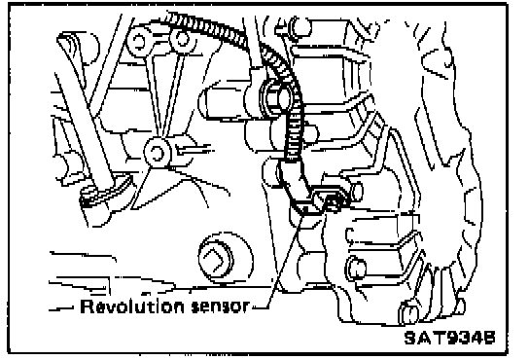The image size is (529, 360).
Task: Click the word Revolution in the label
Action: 132,306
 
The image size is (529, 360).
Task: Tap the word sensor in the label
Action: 220,306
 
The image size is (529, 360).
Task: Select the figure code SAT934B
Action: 450,338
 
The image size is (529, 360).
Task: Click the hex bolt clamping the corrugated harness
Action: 274,98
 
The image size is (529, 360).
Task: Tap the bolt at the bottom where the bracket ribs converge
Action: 158,153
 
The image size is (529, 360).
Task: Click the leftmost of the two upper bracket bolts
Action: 139,43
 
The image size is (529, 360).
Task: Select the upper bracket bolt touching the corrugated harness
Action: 182,40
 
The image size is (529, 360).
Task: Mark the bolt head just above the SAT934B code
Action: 408,313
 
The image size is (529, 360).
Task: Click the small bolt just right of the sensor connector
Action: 357,191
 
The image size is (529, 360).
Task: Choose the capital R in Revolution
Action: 86,306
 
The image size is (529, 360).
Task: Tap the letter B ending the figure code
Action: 489,338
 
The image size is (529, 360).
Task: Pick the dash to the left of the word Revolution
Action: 61,308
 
